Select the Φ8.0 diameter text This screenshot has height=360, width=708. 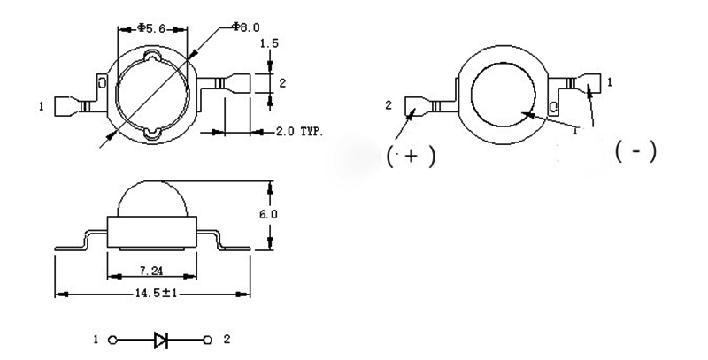click(245, 27)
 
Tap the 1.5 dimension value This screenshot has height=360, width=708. click(276, 42)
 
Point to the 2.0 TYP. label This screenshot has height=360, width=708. click(297, 132)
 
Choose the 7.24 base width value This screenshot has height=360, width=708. click(150, 270)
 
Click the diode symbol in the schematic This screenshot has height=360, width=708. click(161, 339)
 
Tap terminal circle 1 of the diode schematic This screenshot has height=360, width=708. click(112, 339)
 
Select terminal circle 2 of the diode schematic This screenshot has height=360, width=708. click(209, 339)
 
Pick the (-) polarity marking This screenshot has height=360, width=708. click(635, 151)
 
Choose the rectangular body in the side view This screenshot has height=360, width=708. click(150, 232)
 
